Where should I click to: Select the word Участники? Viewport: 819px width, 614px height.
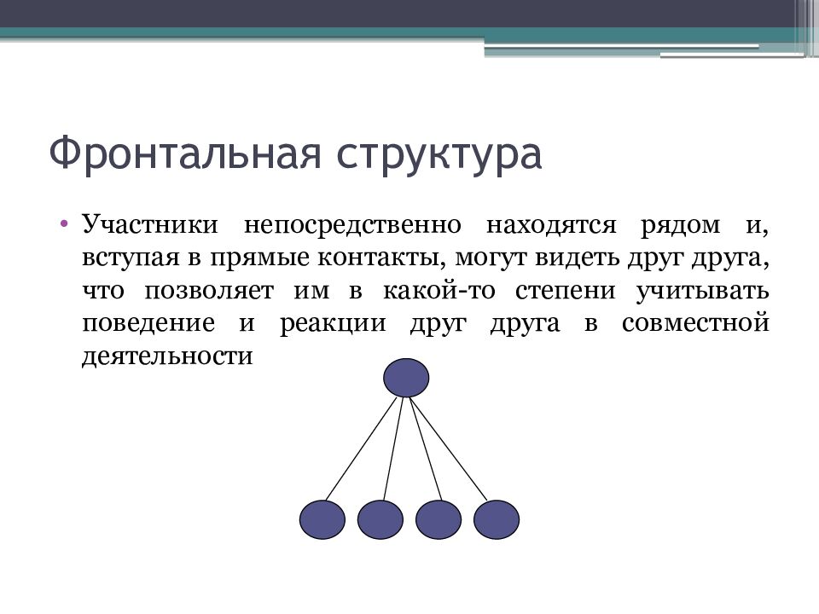click(151, 226)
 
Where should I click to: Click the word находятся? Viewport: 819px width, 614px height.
click(551, 226)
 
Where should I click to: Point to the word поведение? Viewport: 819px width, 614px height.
click(147, 324)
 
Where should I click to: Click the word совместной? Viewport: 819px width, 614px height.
click(697, 324)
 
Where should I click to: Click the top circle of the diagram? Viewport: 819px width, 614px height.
click(406, 378)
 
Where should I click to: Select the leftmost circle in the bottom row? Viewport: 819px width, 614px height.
click(322, 519)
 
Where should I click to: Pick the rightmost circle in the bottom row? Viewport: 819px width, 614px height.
click(497, 519)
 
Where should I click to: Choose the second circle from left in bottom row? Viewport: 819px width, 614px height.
click(380, 519)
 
